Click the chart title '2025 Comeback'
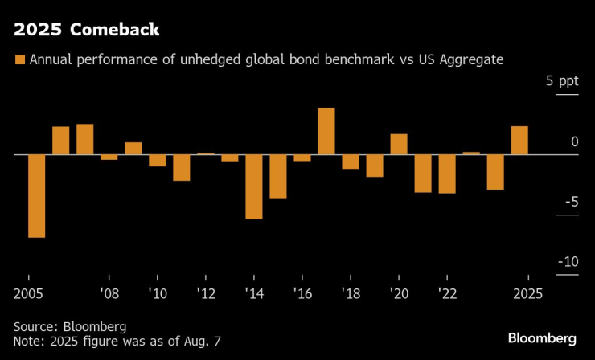86,31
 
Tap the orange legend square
20,59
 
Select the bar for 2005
37,195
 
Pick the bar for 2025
519,140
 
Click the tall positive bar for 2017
326,131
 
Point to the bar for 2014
254,186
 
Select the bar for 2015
278,176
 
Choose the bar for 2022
447,174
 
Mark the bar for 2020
399,144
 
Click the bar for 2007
85,139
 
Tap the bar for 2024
495,171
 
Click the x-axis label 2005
29,293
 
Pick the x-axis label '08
109,293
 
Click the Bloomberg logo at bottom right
542,336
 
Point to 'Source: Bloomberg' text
71,327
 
